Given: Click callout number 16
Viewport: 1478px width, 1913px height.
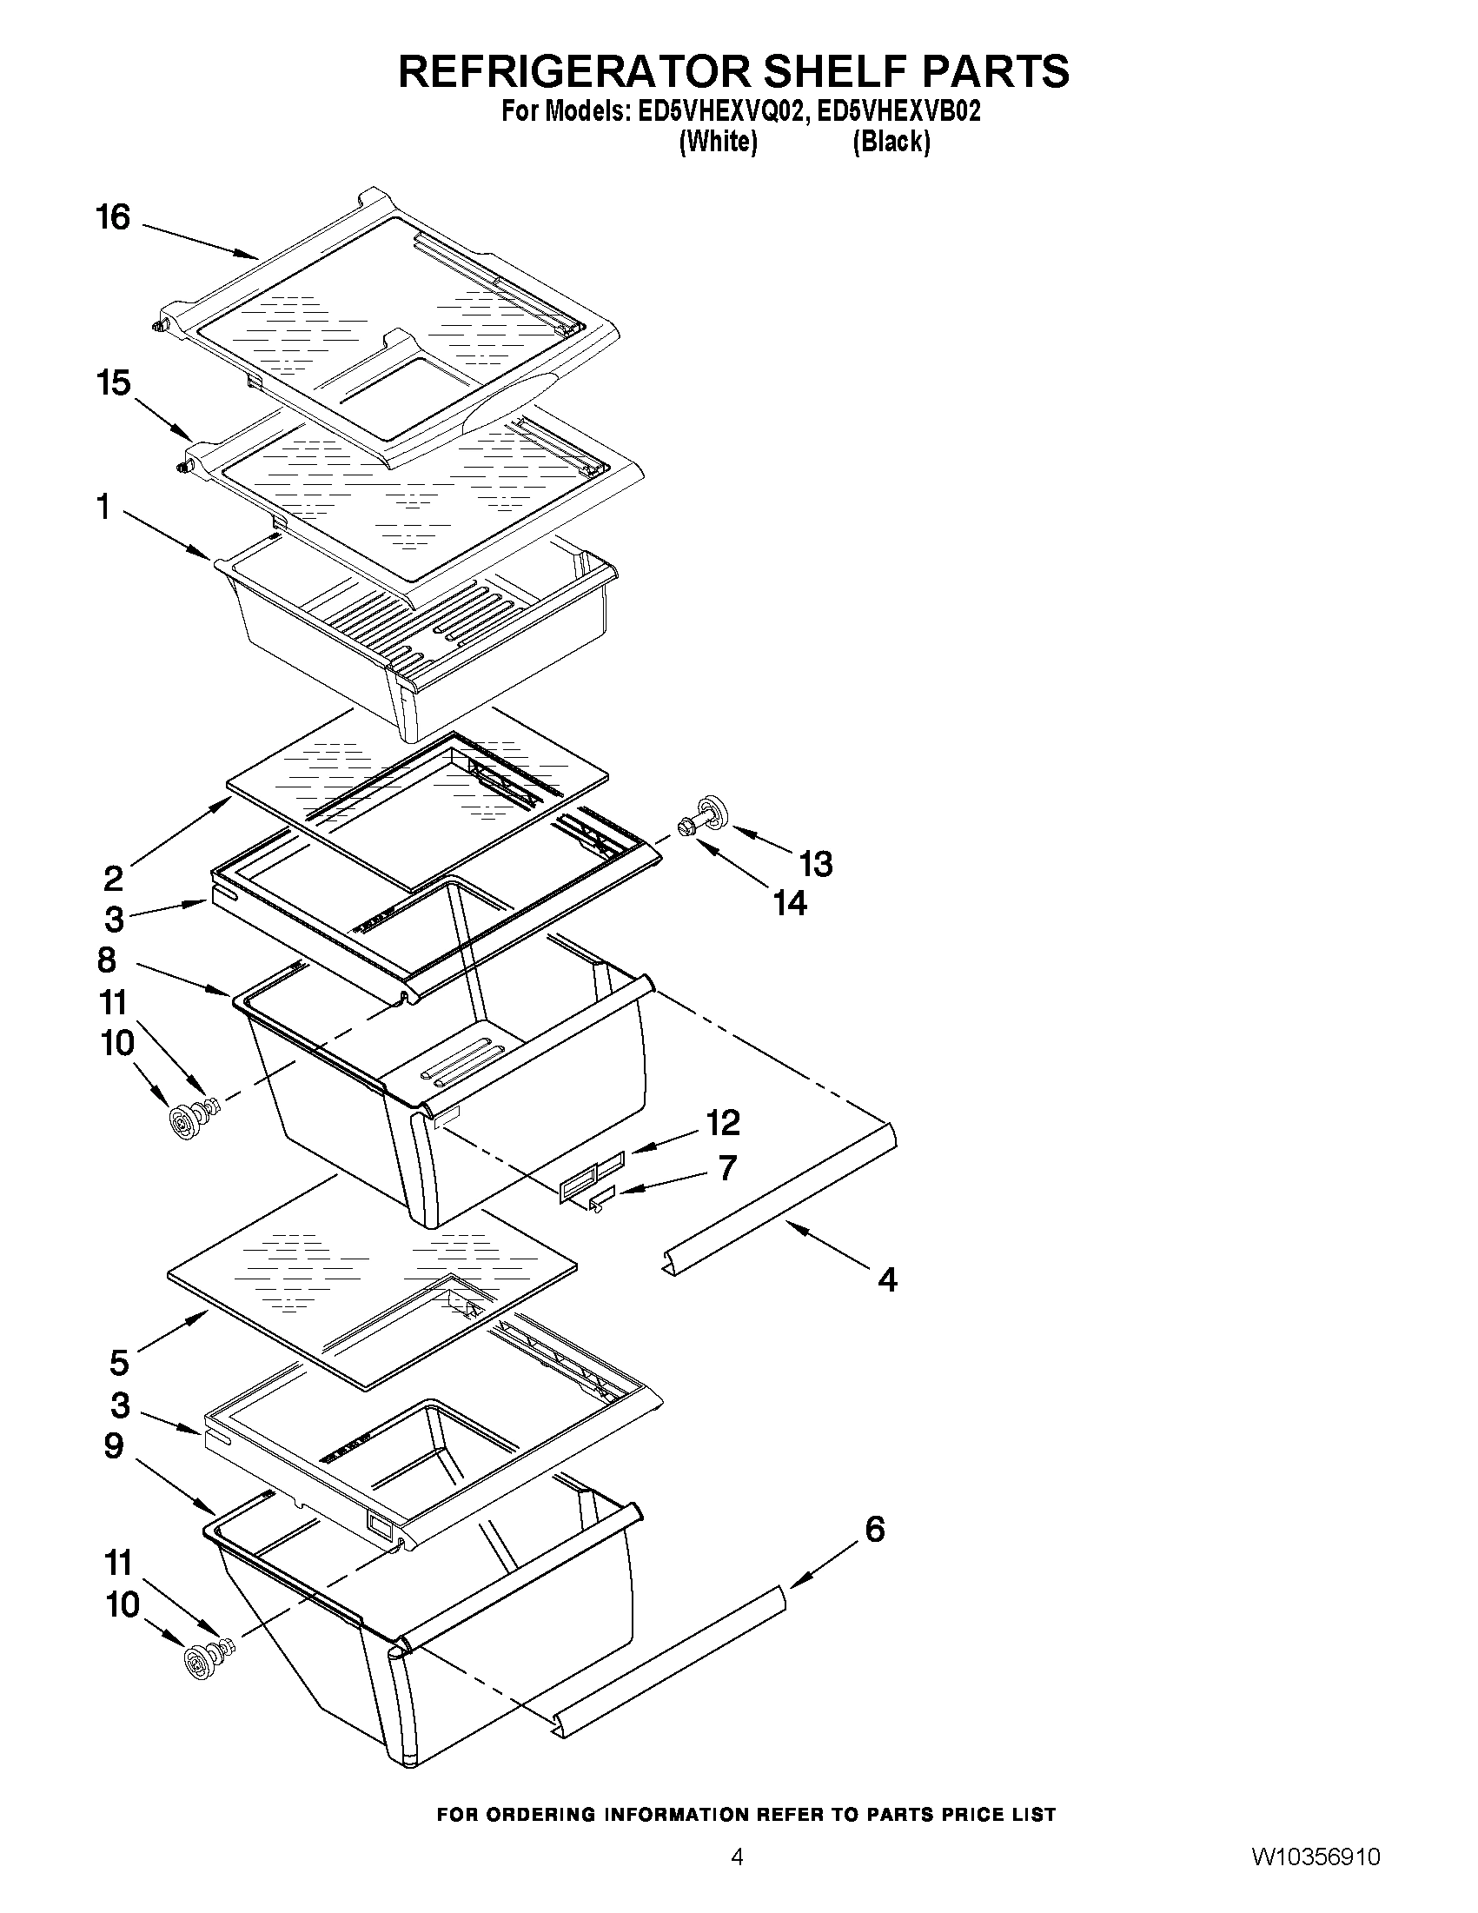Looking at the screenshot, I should (113, 217).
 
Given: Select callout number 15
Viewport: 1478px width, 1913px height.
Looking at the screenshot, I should (114, 382).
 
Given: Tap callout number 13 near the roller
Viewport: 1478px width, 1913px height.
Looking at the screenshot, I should (816, 864).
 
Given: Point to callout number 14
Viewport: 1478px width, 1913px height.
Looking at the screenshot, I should (790, 902).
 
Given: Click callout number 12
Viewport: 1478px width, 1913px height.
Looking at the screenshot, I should (723, 1122).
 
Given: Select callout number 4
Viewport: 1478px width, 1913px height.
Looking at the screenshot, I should (887, 1279).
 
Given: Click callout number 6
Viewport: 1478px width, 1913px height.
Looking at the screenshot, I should (875, 1530).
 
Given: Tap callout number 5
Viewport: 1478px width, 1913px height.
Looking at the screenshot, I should (119, 1363).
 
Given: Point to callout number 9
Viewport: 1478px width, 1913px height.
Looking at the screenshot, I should (114, 1446).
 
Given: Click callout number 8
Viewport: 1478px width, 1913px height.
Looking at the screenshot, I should (107, 960).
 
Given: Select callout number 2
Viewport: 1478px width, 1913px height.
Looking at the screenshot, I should (113, 877).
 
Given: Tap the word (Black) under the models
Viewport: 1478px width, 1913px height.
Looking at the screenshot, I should (891, 141).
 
